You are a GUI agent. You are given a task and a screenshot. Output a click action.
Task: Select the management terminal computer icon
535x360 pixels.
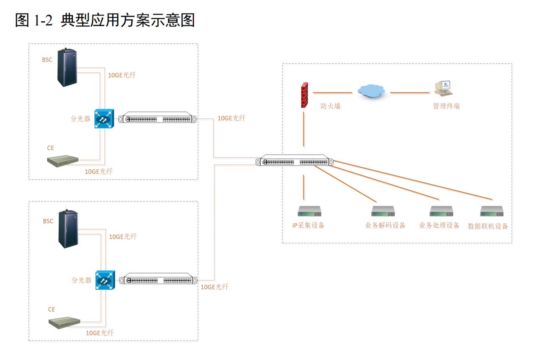[443, 87]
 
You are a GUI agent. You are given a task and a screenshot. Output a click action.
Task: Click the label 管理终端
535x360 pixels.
[446, 106]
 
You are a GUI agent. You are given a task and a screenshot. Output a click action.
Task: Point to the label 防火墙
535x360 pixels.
[330, 106]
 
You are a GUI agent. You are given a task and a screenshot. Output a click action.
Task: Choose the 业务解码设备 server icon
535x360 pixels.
[383, 211]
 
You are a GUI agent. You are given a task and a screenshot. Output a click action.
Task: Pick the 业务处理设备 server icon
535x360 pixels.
[441, 211]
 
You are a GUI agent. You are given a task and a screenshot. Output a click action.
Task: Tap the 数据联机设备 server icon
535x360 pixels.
[492, 211]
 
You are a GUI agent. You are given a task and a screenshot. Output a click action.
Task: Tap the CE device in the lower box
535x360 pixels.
[64, 322]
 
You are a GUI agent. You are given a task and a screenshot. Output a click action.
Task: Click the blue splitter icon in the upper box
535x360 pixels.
[103, 120]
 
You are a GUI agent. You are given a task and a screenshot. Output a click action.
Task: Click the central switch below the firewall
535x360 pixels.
[295, 162]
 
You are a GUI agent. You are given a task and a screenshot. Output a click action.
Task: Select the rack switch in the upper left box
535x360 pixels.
[158, 119]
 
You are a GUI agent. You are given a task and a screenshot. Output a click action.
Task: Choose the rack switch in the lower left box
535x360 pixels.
[158, 280]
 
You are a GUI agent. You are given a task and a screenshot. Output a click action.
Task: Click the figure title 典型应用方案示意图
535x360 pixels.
[128, 20]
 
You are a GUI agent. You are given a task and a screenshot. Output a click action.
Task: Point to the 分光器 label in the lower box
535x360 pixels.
[81, 280]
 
